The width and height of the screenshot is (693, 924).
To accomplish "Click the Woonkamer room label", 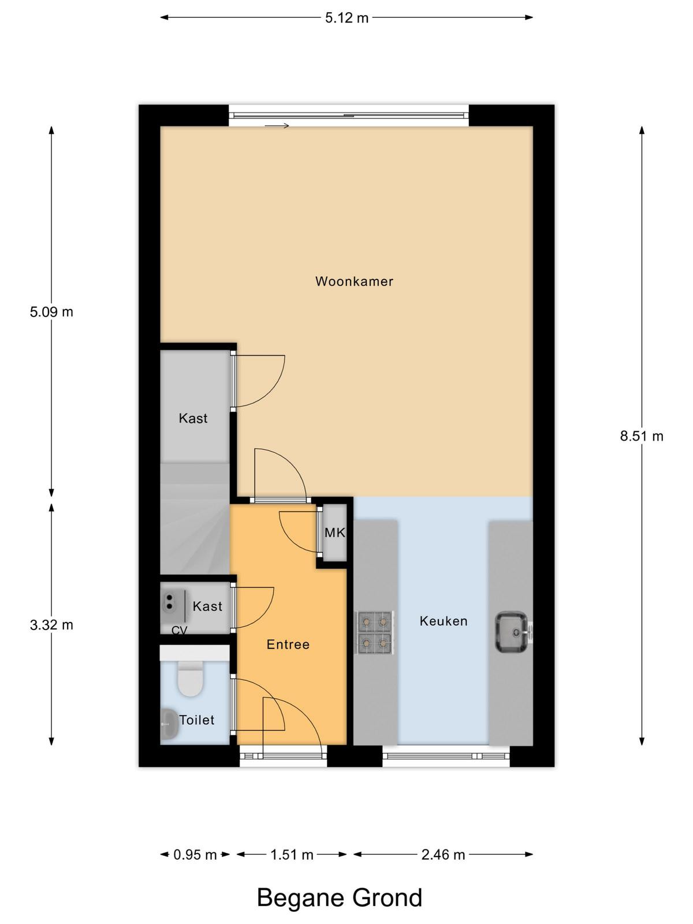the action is click(x=354, y=281).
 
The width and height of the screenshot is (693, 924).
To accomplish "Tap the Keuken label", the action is click(x=444, y=621).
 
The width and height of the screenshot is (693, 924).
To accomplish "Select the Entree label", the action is click(x=288, y=644).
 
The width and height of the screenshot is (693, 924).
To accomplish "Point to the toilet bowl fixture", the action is click(x=190, y=679).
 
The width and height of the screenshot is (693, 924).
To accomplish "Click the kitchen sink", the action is click(x=512, y=632).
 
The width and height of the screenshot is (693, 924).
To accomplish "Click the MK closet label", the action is click(x=335, y=533).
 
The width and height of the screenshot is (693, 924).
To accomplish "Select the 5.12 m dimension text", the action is click(x=346, y=18).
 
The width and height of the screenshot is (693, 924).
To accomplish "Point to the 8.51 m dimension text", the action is click(x=642, y=436).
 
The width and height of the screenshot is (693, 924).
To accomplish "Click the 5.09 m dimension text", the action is click(x=51, y=312).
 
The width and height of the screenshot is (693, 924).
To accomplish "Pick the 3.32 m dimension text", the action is click(x=51, y=625).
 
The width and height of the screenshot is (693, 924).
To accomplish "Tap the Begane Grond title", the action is click(x=340, y=897).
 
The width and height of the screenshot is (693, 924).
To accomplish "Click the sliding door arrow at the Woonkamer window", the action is click(x=277, y=125).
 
